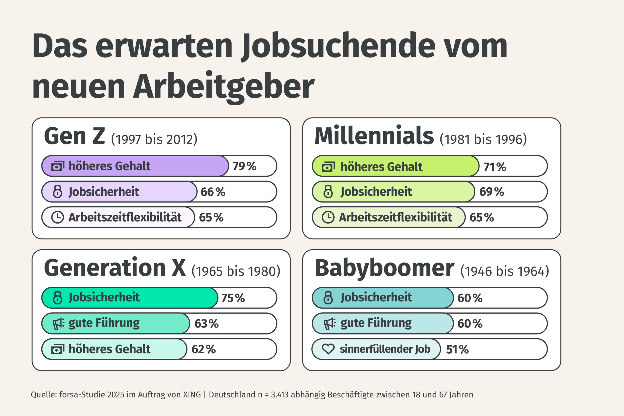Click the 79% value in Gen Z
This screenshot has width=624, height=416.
coord(244,166)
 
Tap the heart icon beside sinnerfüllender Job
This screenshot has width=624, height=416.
coord(328,349)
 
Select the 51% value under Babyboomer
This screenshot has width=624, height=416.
coord(457,349)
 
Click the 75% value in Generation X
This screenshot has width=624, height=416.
coord(233,298)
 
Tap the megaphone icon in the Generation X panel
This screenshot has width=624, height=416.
coord(58,324)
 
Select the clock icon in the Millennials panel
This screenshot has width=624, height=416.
coord(328,217)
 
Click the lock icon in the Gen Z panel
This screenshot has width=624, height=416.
coord(58,192)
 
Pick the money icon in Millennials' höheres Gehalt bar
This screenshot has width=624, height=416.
coord(328,167)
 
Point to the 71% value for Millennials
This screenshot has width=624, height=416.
coord(495,167)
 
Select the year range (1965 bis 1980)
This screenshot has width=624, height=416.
coord(236,271)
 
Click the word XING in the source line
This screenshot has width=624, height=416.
coord(192,395)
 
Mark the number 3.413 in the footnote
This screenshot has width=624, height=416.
coord(279,395)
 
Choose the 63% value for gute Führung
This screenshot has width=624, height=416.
coord(206,324)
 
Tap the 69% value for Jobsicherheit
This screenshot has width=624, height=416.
coord(491,192)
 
